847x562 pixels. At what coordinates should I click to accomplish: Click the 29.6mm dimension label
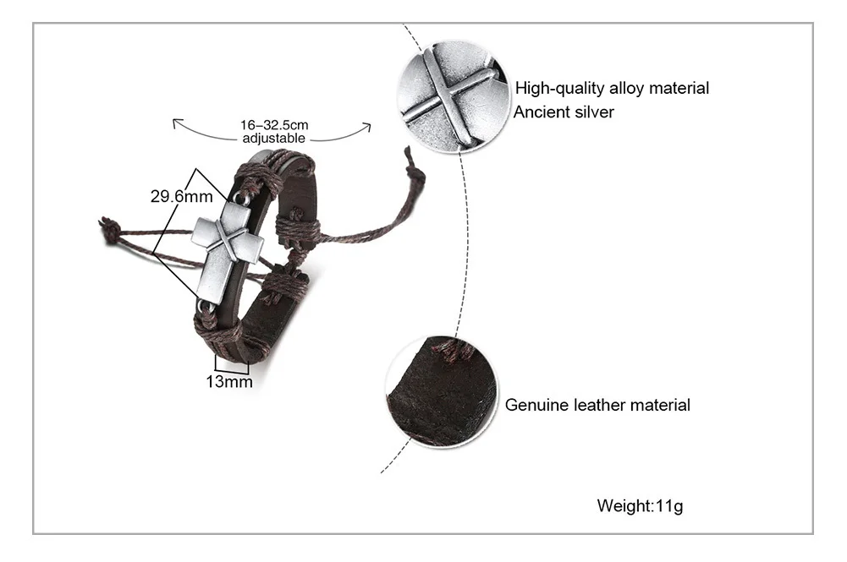(x=180, y=197)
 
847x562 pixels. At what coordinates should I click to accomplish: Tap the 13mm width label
(x=229, y=381)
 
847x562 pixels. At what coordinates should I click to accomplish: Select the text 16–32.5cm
(x=274, y=125)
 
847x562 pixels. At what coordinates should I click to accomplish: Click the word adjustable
(x=274, y=138)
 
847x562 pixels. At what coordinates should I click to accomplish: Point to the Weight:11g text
(x=640, y=506)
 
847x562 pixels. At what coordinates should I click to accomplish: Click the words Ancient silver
(x=564, y=112)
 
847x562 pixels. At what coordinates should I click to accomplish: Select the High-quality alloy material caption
(x=612, y=88)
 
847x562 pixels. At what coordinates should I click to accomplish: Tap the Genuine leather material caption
(x=597, y=405)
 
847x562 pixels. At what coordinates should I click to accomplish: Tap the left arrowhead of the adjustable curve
(x=177, y=124)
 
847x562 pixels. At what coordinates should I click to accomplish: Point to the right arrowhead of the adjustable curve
(x=367, y=127)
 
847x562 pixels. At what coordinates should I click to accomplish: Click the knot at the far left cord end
(x=109, y=229)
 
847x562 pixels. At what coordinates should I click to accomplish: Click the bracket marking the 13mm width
(x=231, y=367)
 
